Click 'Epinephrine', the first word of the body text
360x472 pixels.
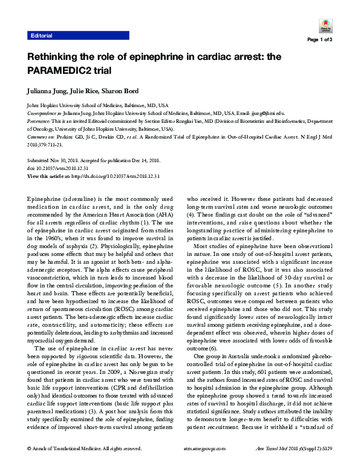click(45, 199)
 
